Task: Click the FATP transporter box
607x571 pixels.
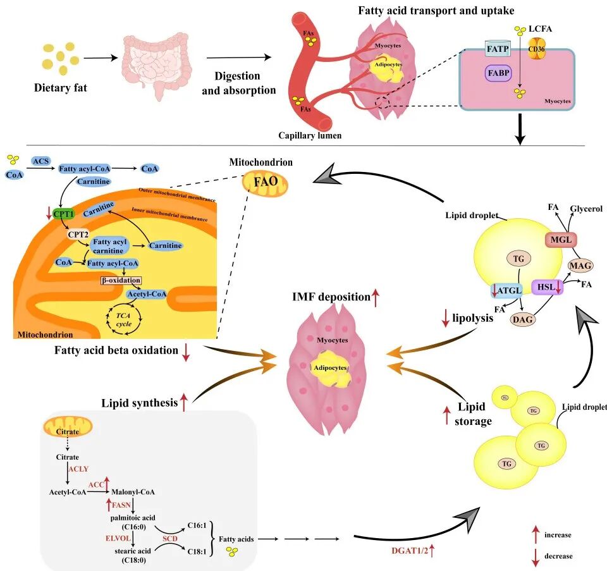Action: point(496,48)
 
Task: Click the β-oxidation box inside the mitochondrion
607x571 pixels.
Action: point(120,279)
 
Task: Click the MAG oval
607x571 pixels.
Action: point(580,266)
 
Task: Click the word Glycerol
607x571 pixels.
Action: point(587,209)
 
